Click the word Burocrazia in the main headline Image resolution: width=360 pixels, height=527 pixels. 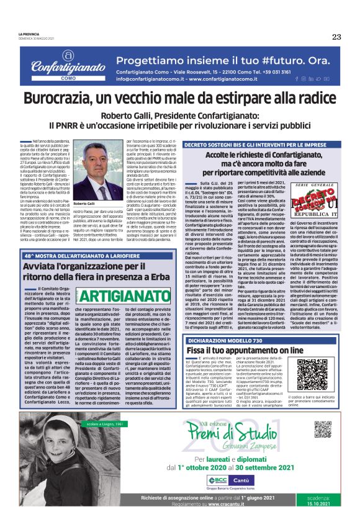[60, 98]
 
